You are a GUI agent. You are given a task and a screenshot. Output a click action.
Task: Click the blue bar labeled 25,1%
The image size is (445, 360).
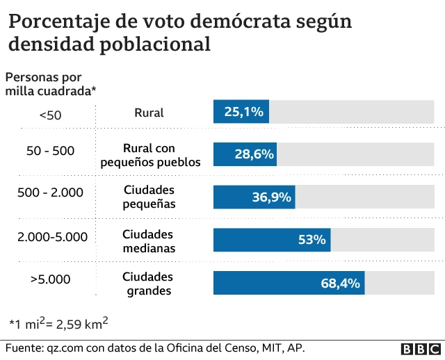coord(241,112)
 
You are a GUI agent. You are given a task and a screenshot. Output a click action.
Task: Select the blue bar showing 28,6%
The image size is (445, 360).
coord(245,154)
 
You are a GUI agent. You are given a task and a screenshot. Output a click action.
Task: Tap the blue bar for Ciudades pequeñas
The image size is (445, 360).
coord(254,197)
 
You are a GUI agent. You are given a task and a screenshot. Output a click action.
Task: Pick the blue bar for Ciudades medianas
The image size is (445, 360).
coord(271,240)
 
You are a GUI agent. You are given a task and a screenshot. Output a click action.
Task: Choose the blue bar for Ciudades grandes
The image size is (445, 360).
coord(289,283)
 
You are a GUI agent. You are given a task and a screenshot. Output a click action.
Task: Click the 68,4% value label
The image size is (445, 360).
coord(340,283)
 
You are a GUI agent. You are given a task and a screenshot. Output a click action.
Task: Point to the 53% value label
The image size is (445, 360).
coord(311,240)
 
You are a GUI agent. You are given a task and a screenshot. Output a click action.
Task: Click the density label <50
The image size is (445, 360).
coord(50,115)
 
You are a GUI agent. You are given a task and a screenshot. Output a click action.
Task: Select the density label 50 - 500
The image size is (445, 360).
coord(50,151)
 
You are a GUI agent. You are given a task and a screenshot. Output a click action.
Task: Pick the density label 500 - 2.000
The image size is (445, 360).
coord(50,193)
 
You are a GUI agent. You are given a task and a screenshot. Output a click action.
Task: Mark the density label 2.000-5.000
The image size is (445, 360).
coord(53,236)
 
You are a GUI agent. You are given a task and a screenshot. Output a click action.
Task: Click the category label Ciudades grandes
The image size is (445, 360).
coord(148,284)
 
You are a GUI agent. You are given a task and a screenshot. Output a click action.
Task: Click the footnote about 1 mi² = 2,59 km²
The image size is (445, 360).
coord(58,323)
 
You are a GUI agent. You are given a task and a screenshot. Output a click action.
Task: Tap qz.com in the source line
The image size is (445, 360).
coord(64,347)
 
